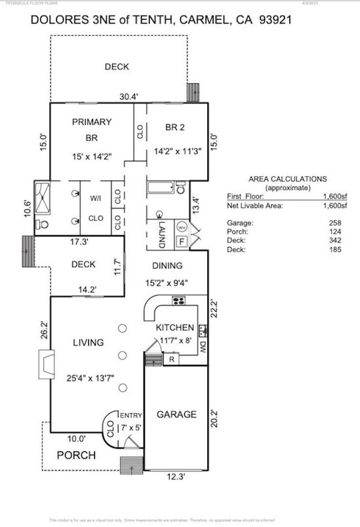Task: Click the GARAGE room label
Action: point(176,414)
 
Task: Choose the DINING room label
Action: point(168,265)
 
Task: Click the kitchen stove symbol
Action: point(178,301)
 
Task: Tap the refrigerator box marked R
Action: point(171,359)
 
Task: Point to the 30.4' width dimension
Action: point(128,96)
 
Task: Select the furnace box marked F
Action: point(182,242)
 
